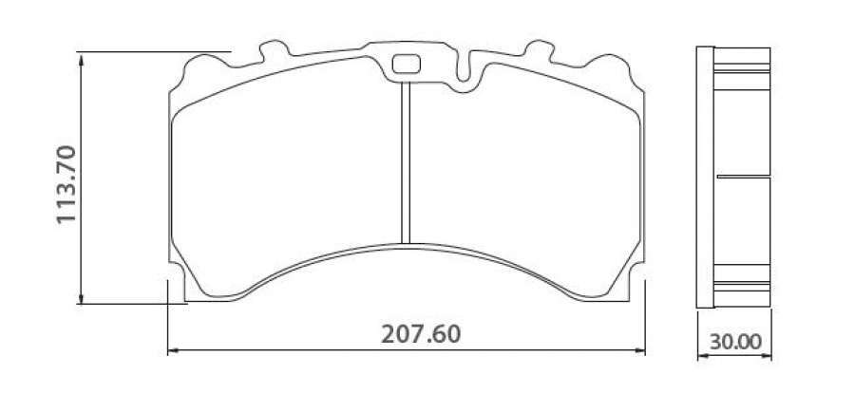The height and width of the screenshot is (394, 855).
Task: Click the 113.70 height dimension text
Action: pyautogui.click(x=66, y=184)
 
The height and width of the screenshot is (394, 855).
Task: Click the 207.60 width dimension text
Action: pyautogui.click(x=421, y=334)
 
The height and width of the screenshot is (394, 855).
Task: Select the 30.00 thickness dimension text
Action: pyautogui.click(x=735, y=342)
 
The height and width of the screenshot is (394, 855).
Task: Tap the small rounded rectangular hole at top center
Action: pyautogui.click(x=407, y=65)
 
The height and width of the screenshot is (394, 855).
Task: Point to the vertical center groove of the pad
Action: pyautogui.click(x=405, y=162)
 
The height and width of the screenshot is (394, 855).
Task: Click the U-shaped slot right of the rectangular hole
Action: pyautogui.click(x=463, y=68)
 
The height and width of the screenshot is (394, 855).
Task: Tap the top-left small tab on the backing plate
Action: pyautogui.click(x=275, y=50)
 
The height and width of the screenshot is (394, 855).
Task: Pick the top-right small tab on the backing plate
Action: pyautogui.click(x=539, y=50)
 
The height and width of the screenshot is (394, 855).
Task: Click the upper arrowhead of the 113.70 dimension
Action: pyautogui.click(x=82, y=59)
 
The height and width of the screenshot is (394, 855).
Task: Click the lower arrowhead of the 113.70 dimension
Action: pyautogui.click(x=82, y=297)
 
